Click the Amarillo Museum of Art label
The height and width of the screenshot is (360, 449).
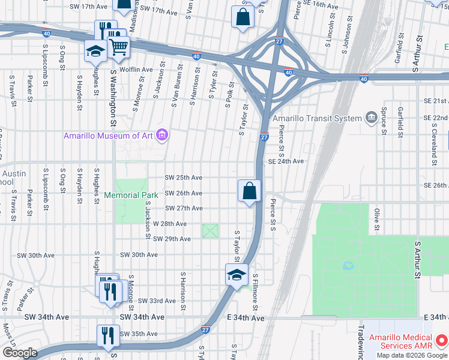109,136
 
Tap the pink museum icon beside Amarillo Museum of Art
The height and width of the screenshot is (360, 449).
161,136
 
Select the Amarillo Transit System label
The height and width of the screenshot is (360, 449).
318,118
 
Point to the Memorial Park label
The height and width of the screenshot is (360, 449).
131,195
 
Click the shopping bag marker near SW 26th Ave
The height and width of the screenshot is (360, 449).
249,192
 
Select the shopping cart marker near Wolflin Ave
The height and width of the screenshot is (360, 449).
119,47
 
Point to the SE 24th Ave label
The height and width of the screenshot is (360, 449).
286,161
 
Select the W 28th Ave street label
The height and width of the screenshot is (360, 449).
170,223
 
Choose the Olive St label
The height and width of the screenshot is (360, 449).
377,219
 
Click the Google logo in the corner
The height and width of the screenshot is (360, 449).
19,353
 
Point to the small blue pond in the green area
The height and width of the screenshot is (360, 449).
348,265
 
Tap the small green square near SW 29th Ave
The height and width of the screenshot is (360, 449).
210,230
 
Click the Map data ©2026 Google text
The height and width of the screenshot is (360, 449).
412,355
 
